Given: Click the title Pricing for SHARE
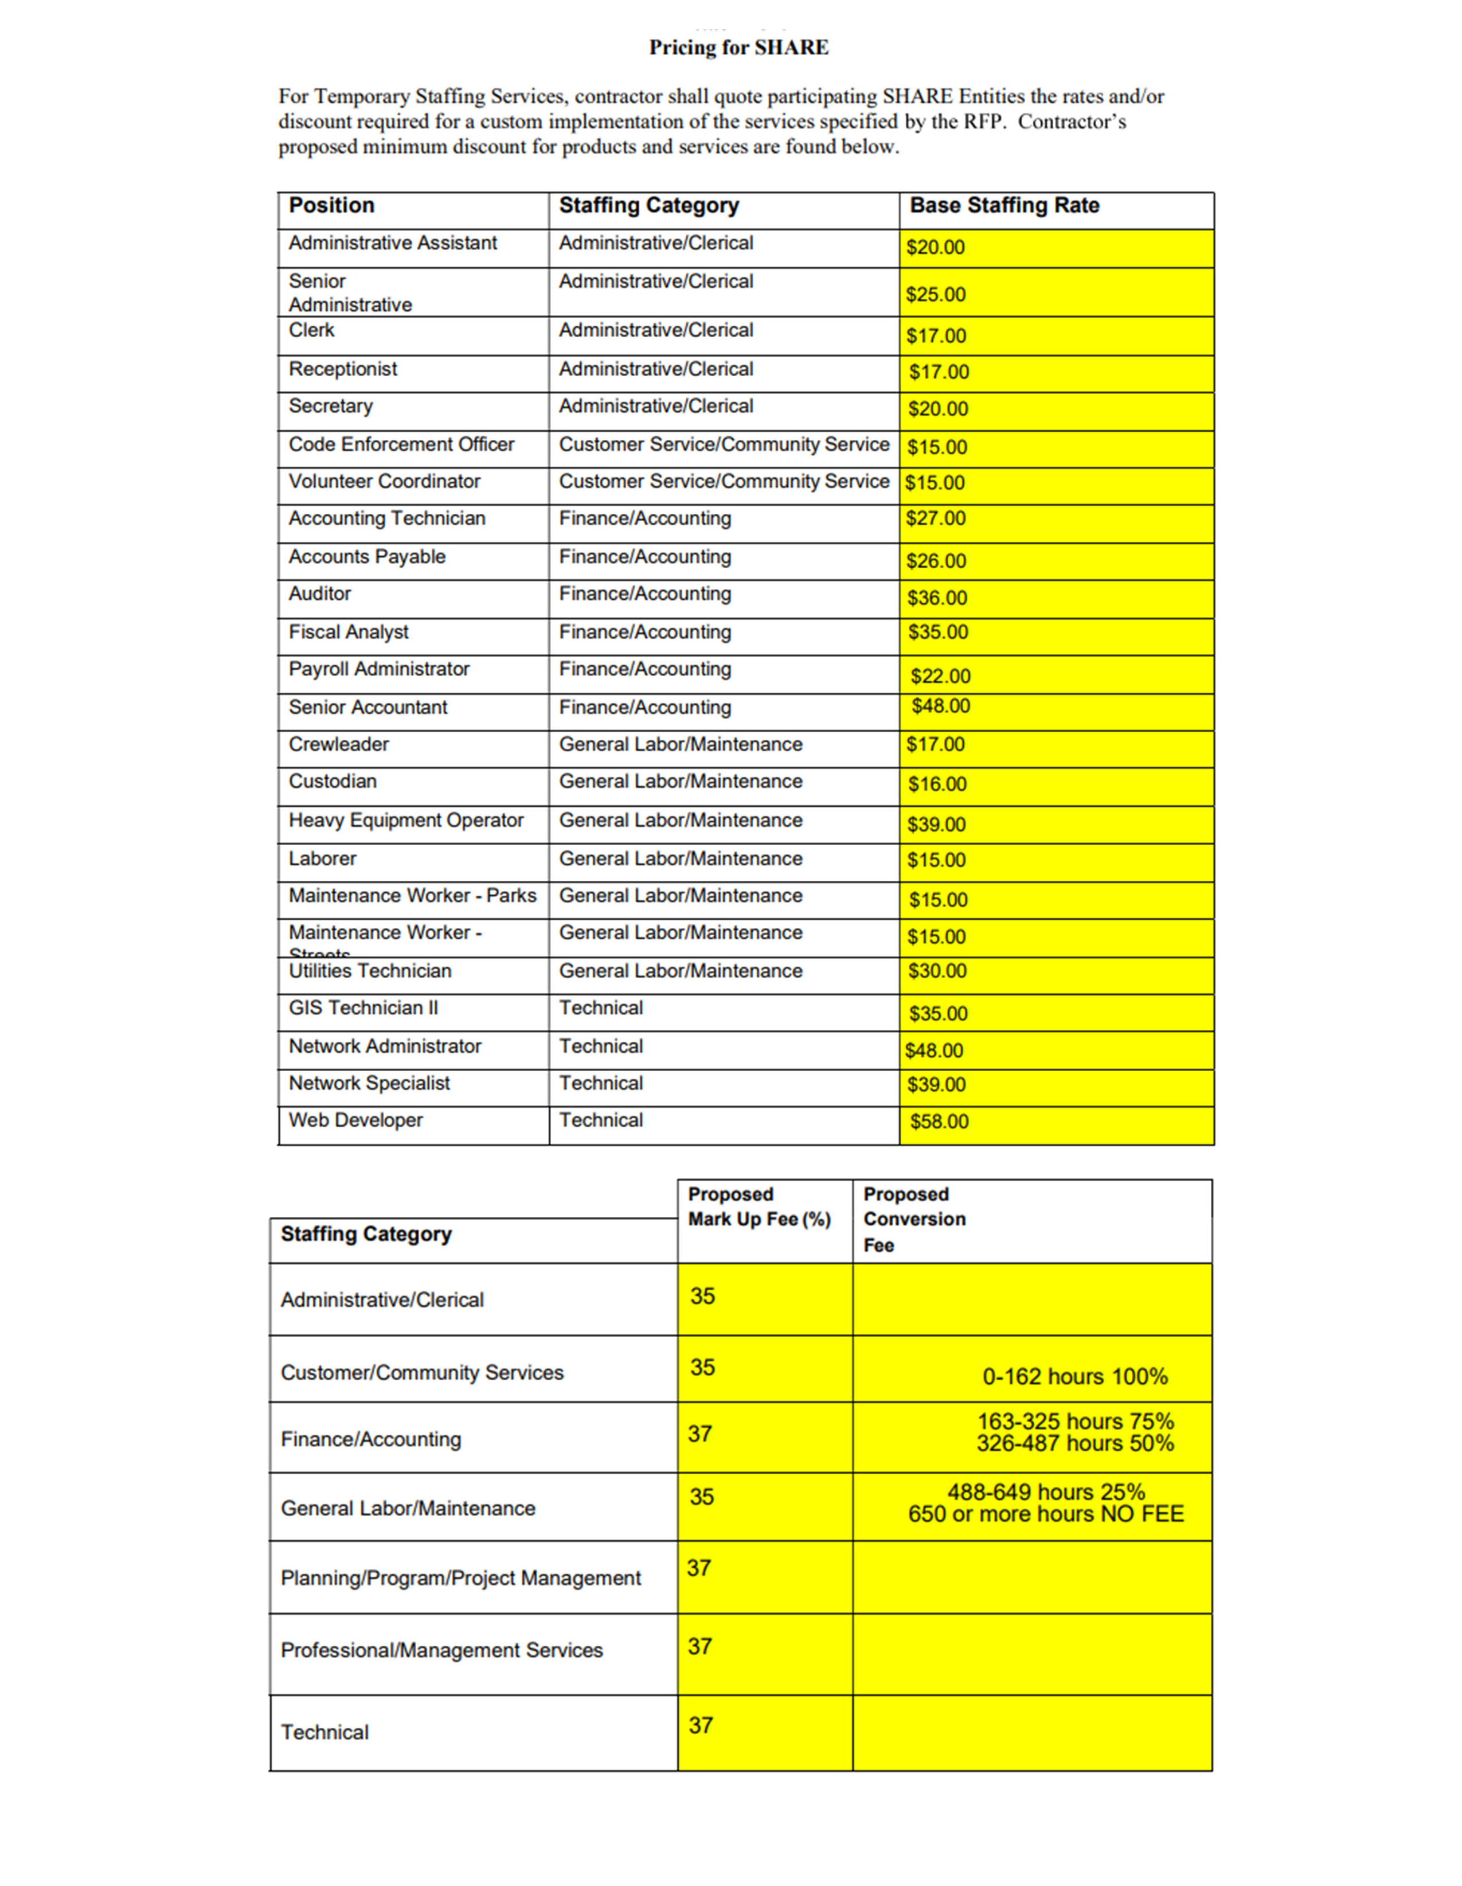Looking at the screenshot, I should pos(738,48).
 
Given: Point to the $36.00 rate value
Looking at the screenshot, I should pos(936,598).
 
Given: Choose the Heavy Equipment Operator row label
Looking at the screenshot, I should pos(406,821).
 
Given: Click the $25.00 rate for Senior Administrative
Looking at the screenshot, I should pos(935,295).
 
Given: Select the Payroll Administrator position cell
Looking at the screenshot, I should pos(379,669).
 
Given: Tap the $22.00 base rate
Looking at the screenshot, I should pos(940,676).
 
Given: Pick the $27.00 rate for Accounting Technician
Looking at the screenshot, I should pos(935,518).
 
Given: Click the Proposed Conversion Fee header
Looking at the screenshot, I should pos(914,1219).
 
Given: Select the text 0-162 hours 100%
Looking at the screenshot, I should pos(1074,1376).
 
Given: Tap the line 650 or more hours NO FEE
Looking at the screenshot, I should pos(1045,1514).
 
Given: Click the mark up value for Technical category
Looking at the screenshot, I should pos(701,1725).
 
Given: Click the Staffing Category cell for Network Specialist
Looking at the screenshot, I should pos(600,1084).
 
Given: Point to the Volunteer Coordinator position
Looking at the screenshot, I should pos(384,482).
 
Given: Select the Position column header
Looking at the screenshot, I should pos(331,205).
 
